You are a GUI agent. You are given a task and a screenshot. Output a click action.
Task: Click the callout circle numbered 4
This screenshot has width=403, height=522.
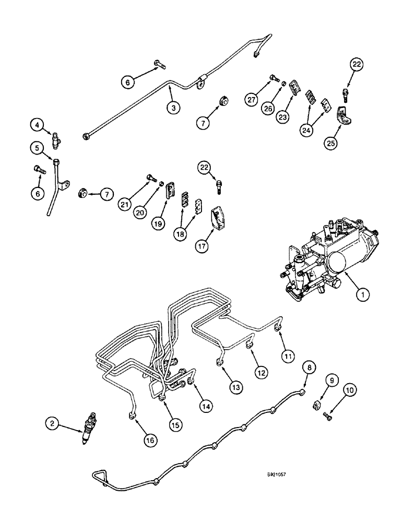(36, 125)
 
